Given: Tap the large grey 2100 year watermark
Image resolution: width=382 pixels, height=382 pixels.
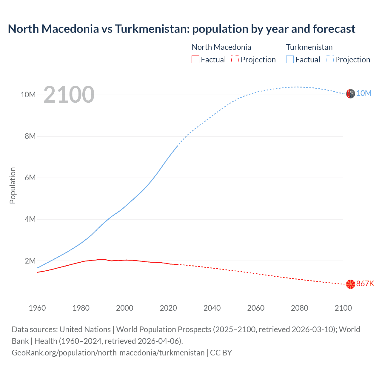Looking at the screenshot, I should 69,95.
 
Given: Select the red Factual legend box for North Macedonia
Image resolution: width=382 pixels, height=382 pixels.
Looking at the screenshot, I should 195,59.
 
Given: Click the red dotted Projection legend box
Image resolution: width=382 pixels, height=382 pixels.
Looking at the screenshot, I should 235,59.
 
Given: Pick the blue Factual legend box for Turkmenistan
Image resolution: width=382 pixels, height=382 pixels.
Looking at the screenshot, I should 290,59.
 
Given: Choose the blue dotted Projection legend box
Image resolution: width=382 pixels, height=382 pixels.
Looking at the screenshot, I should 330,59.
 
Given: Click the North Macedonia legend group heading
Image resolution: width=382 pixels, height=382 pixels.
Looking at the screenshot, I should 221,47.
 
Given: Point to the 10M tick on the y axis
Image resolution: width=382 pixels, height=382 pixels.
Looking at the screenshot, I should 28,95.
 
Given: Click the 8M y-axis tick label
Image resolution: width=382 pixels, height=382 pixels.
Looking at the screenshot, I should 30,136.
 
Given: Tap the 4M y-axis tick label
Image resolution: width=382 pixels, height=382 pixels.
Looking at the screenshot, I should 30,219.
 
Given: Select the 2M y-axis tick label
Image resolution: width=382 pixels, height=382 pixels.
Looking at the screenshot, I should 30,261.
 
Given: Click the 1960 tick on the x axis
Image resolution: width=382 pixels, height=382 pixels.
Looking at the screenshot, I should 37,308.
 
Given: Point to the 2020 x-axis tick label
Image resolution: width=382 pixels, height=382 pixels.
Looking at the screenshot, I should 168,308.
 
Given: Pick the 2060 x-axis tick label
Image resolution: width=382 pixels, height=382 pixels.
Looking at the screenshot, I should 256,308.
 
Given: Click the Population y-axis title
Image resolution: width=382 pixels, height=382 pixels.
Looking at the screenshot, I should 13,185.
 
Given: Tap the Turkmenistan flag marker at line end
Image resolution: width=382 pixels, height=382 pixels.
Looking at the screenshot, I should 350,94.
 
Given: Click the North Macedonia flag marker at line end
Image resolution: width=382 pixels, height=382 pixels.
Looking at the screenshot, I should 350,284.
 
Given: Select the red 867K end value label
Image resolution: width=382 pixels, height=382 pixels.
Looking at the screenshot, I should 365,284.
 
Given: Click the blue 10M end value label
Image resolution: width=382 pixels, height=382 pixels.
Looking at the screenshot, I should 364,93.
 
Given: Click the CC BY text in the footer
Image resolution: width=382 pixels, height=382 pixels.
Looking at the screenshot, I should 221,353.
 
